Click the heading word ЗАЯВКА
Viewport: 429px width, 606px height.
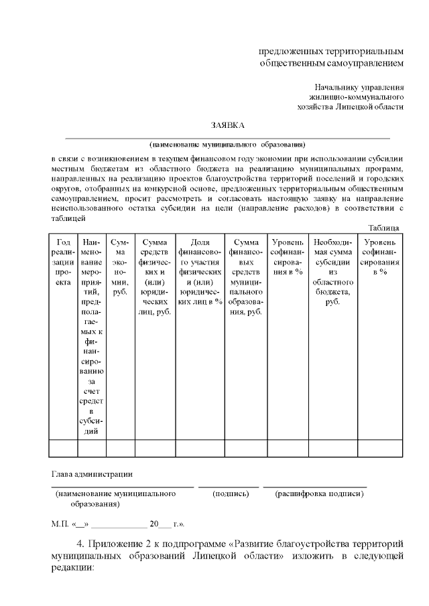point(228,125)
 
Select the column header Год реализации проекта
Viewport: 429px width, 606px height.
point(64,262)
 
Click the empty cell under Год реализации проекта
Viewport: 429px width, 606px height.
point(64,447)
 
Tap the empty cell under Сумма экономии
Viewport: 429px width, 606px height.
point(121,447)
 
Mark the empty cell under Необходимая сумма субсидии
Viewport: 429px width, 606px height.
point(329,447)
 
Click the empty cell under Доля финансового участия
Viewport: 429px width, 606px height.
point(199,447)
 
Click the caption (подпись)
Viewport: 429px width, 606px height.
point(231,494)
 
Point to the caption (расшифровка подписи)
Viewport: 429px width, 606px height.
point(319,494)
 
